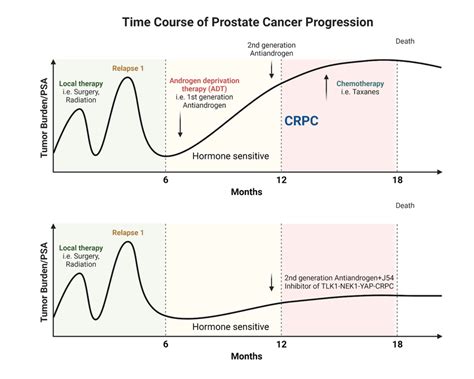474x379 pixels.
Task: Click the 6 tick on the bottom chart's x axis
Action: pyautogui.click(x=166, y=343)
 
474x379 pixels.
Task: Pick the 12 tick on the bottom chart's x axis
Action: pyautogui.click(x=282, y=343)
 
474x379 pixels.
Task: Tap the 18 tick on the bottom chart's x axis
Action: pyautogui.click(x=397, y=343)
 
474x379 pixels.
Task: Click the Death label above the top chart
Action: pyautogui.click(x=406, y=41)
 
